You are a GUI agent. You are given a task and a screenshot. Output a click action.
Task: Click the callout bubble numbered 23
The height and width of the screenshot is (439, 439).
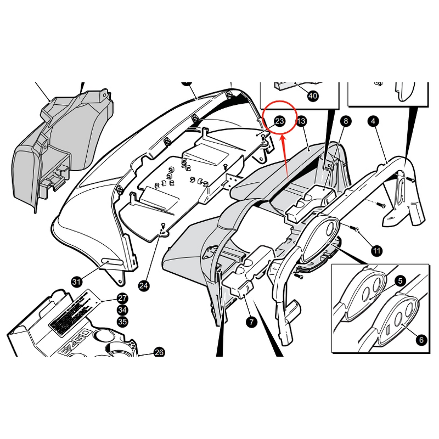pos(279,121)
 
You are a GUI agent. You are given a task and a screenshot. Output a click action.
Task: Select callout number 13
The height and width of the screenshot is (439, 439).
pos(301,121)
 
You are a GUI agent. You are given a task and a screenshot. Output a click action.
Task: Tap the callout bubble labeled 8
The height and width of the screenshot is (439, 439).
pos(345,121)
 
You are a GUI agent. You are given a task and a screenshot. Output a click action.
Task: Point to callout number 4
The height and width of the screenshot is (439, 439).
pos(373,121)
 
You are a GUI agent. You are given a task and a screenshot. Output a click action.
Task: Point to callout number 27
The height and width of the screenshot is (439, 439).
pos(122,299)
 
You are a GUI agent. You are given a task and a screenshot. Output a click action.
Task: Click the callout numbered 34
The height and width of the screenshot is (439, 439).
pos(122,311)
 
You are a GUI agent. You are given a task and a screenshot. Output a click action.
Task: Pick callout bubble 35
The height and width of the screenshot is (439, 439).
pos(122,322)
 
